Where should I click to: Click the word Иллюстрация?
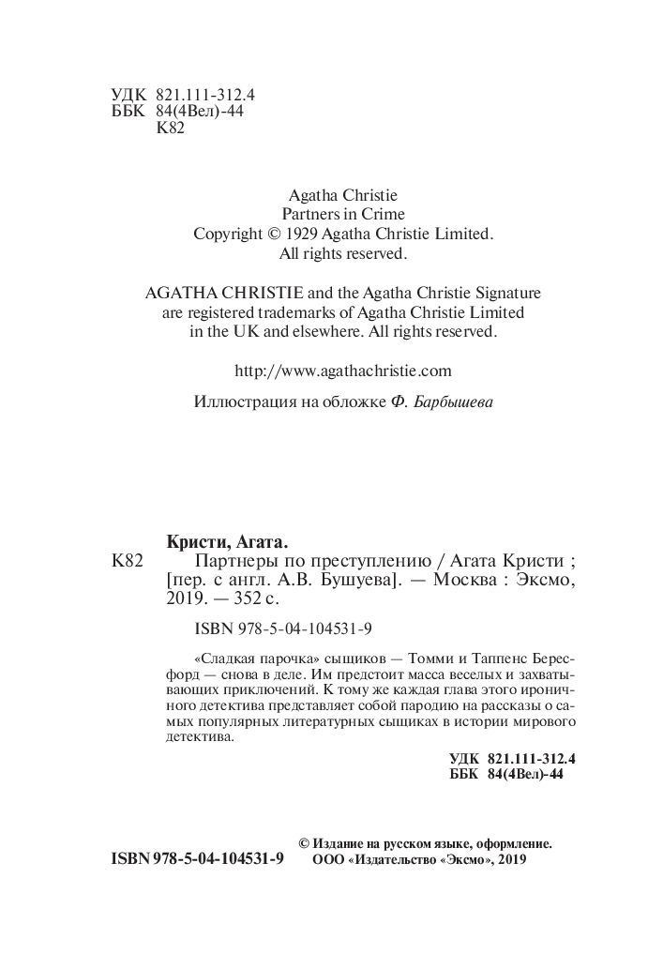(239, 402)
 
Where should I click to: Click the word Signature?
(506, 293)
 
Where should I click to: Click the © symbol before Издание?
(304, 843)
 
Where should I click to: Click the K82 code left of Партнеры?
(127, 562)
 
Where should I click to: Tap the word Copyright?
(229, 235)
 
